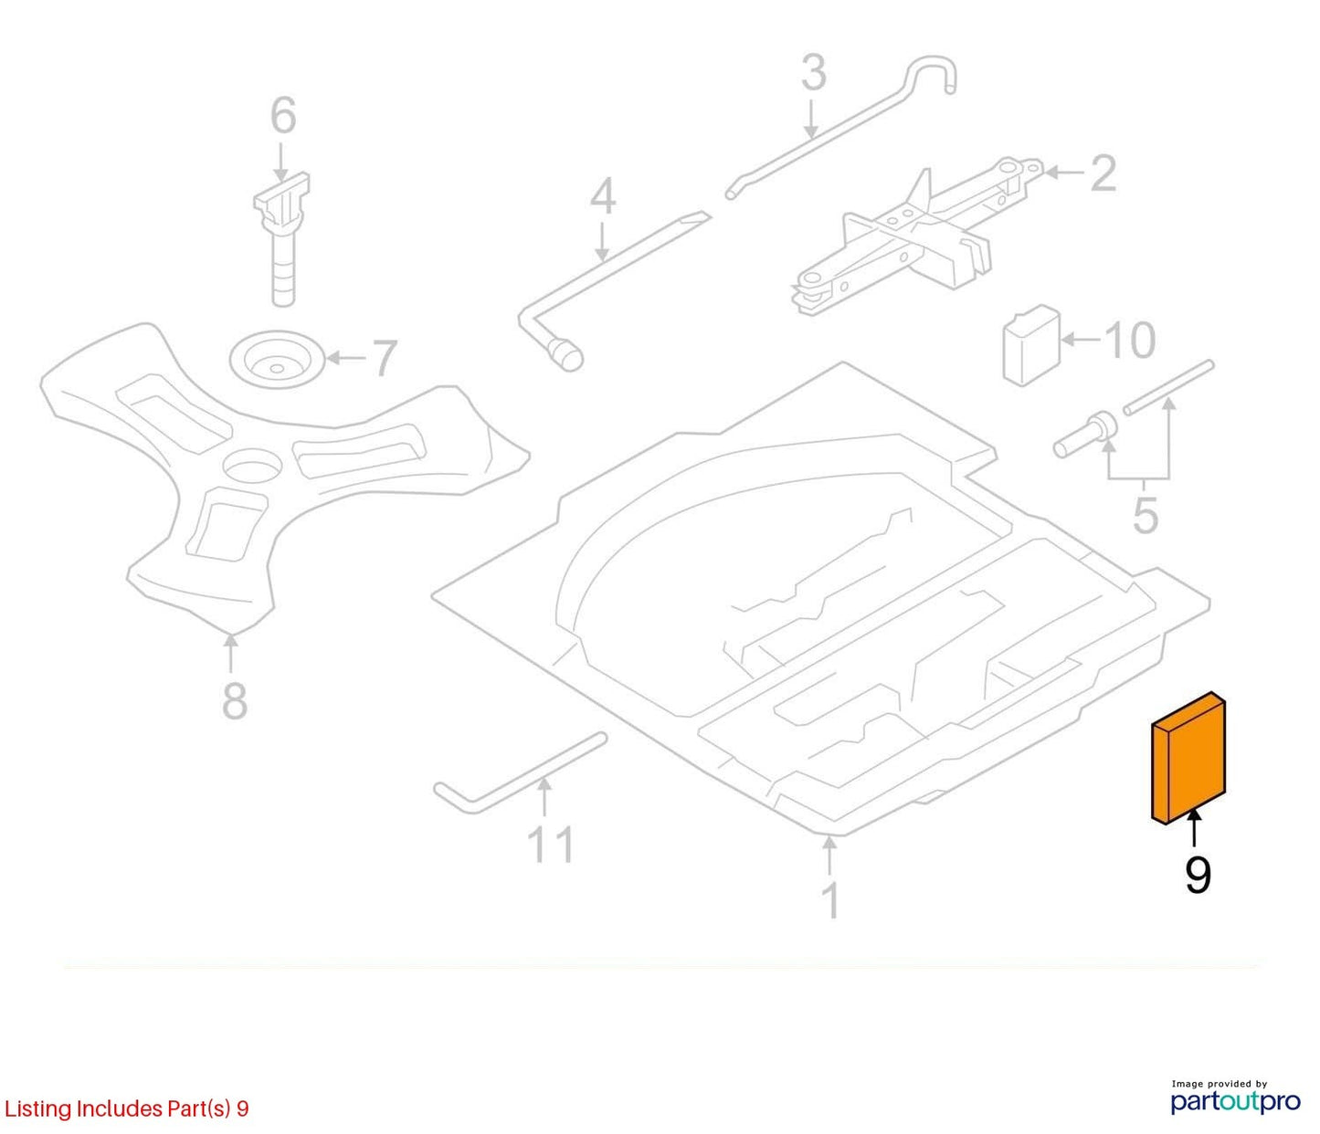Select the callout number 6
(x=283, y=116)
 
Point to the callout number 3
(x=814, y=72)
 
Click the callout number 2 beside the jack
(x=1104, y=173)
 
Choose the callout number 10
(x=1130, y=340)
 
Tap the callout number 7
(x=384, y=358)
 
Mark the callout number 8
(x=235, y=700)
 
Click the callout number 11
(x=551, y=845)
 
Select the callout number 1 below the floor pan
(x=830, y=900)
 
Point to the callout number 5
(x=1146, y=514)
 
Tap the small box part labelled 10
(x=1030, y=345)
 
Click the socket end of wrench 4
(x=565, y=355)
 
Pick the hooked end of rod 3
(x=929, y=74)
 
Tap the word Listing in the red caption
(x=37, y=1108)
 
